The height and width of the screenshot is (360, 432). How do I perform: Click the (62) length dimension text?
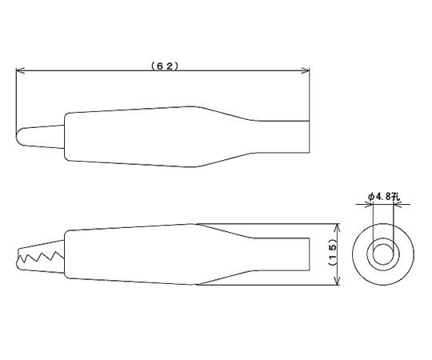click(165, 66)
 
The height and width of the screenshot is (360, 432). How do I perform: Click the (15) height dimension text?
click(333, 254)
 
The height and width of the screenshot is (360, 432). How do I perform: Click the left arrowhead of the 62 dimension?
click(21, 70)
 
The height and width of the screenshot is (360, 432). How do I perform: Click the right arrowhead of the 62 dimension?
click(305, 70)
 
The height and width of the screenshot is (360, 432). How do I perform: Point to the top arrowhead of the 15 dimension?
click(337, 228)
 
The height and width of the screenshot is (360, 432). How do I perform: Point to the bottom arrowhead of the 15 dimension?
click(337, 280)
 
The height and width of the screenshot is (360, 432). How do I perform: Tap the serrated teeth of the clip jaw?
click(41, 257)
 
